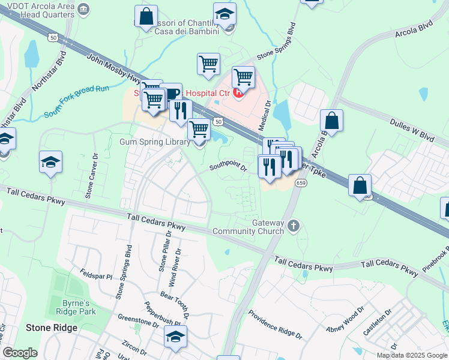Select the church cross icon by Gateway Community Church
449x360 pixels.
293,226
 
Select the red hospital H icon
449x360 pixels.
239,93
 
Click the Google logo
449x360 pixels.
20,353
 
